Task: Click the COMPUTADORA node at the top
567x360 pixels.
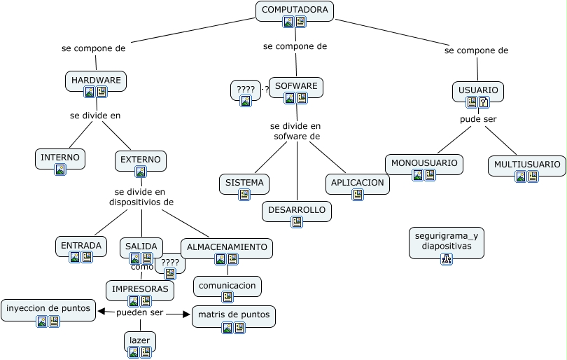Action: click(295, 11)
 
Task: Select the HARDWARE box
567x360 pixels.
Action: click(96, 81)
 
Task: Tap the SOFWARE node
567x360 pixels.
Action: click(296, 86)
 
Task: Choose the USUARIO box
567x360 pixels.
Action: click(478, 90)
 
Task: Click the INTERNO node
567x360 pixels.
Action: click(60, 158)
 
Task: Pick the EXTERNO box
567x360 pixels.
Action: click(140, 160)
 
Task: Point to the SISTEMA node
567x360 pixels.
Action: click(244, 184)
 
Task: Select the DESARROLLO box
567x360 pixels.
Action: click(297, 210)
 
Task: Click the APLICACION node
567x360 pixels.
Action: click(357, 183)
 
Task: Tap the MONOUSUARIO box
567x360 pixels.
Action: click(423, 163)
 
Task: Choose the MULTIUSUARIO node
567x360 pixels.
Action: click(526, 165)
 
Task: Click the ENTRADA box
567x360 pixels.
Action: click(81, 246)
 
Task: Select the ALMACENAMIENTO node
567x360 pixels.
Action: click(226, 247)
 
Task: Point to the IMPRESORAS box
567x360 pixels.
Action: click(140, 289)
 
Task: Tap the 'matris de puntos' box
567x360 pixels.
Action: click(234, 315)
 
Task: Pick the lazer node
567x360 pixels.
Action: click(140, 341)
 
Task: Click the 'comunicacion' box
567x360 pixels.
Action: click(227, 286)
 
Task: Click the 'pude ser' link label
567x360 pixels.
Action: click(478, 119)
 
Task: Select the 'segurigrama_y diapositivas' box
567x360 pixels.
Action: click(447, 242)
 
